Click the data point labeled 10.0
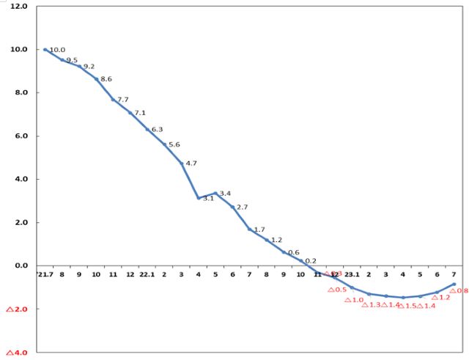click(x=45, y=49)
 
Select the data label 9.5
click(x=72, y=60)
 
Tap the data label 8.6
click(x=106, y=78)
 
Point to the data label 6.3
click(x=157, y=129)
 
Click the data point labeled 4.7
click(x=182, y=163)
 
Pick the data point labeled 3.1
click(x=199, y=198)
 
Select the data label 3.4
click(x=226, y=194)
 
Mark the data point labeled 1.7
click(x=249, y=229)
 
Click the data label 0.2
click(x=310, y=260)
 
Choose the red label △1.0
click(x=354, y=300)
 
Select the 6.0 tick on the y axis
click(x=19, y=136)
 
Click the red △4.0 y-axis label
click(x=16, y=353)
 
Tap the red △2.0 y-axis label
click(x=16, y=309)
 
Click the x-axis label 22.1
click(x=147, y=276)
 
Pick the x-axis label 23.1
click(x=352, y=276)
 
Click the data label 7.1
click(x=140, y=113)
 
